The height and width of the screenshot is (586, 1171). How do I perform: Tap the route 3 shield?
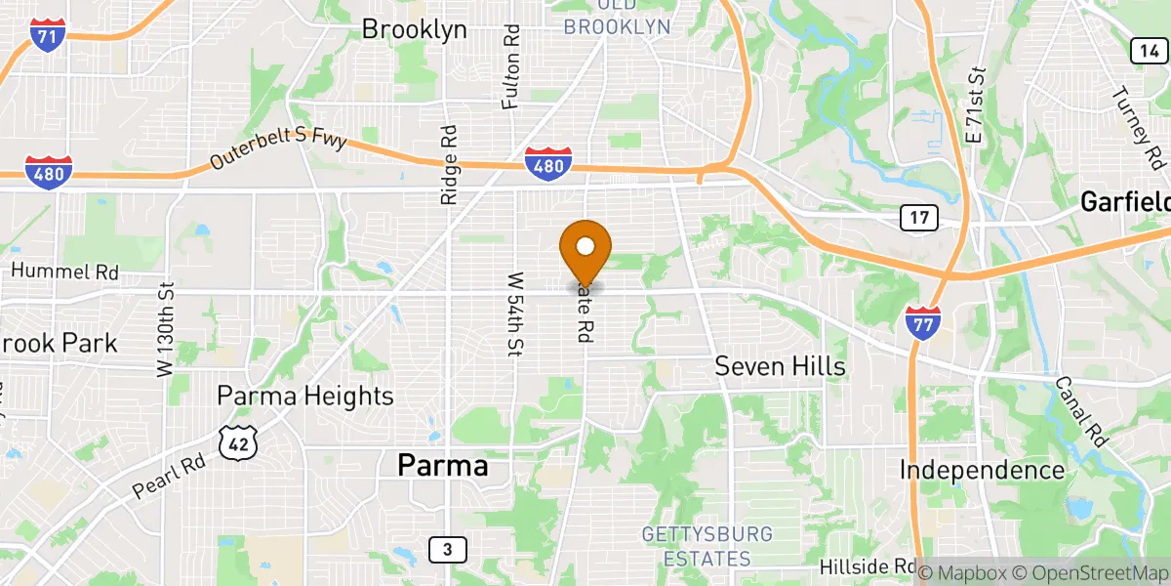pyautogui.click(x=447, y=550)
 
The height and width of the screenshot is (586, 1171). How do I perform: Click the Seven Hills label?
pyautogui.click(x=780, y=366)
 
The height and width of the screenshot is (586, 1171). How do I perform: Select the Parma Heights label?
pyautogui.click(x=305, y=396)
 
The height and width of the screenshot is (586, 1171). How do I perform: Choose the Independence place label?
pyautogui.click(x=982, y=470)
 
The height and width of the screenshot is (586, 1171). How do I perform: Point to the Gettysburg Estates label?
pyautogui.click(x=707, y=547)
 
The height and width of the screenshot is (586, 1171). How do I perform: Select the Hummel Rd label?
pyautogui.click(x=64, y=271)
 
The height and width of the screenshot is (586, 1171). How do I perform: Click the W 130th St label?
pyautogui.click(x=165, y=330)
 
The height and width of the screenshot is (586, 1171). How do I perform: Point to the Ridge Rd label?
pyautogui.click(x=449, y=163)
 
